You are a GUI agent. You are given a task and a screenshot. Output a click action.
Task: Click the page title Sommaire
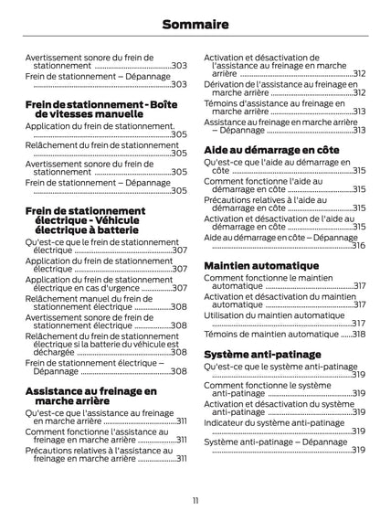[190, 26]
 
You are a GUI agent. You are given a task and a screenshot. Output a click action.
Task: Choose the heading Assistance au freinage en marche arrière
[90, 396]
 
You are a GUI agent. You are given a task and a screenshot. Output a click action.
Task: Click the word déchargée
[54, 352]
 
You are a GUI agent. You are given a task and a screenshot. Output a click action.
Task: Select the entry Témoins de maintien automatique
[270, 335]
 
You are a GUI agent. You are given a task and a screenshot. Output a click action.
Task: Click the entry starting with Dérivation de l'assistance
[279, 88]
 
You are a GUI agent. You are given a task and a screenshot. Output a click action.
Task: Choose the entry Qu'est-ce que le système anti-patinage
[280, 370]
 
